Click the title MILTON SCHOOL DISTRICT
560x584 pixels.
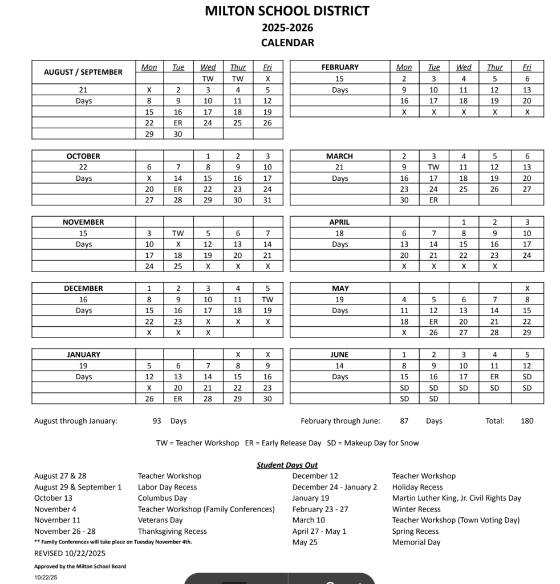click(287, 11)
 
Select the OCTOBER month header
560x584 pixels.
click(83, 156)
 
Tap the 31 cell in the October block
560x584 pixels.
click(267, 200)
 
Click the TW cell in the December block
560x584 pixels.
click(267, 299)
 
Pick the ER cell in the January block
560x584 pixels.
click(178, 399)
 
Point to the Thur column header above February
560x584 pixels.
click(494, 67)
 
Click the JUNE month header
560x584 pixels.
click(339, 355)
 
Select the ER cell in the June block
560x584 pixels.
click(494, 377)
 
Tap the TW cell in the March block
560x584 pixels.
click(433, 167)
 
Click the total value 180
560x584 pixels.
click(527, 421)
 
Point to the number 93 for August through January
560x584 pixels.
click(157, 421)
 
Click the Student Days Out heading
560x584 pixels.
click(287, 465)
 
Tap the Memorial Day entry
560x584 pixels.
click(416, 542)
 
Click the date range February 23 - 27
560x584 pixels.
click(319, 509)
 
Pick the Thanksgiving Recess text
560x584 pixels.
click(172, 531)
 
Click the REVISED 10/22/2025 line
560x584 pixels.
click(70, 553)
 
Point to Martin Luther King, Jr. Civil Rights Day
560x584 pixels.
click(456, 498)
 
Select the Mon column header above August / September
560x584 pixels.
click(149, 67)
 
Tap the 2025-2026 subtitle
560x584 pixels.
click(287, 27)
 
